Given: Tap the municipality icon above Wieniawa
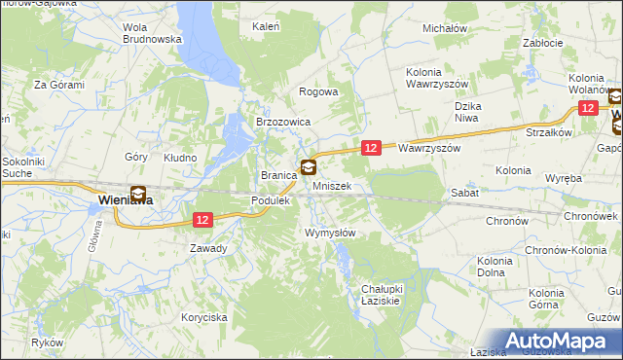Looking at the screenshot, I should click(138, 193).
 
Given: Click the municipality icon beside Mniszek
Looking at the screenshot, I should click(309, 166).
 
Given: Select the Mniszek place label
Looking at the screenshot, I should click(331, 185).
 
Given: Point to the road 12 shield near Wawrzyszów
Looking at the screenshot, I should click(371, 147).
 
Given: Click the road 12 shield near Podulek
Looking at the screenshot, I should click(202, 220).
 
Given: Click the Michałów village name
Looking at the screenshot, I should click(445, 28).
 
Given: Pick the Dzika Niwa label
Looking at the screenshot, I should click(475, 111).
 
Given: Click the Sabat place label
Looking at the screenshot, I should click(462, 193).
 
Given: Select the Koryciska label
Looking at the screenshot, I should click(204, 317).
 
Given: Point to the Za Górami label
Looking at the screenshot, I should click(59, 85).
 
